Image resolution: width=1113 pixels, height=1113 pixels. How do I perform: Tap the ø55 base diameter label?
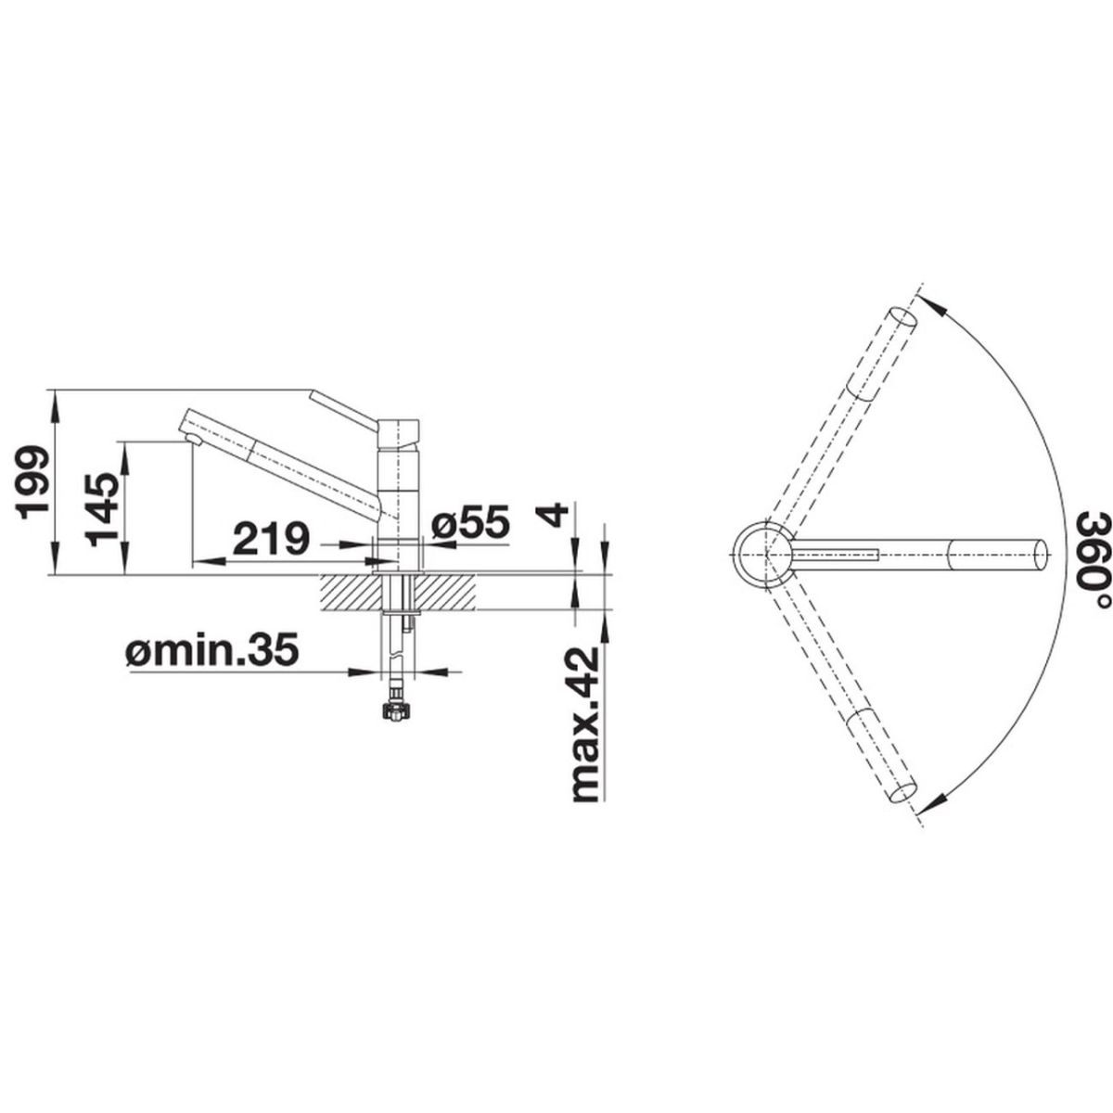(x=471, y=521)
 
